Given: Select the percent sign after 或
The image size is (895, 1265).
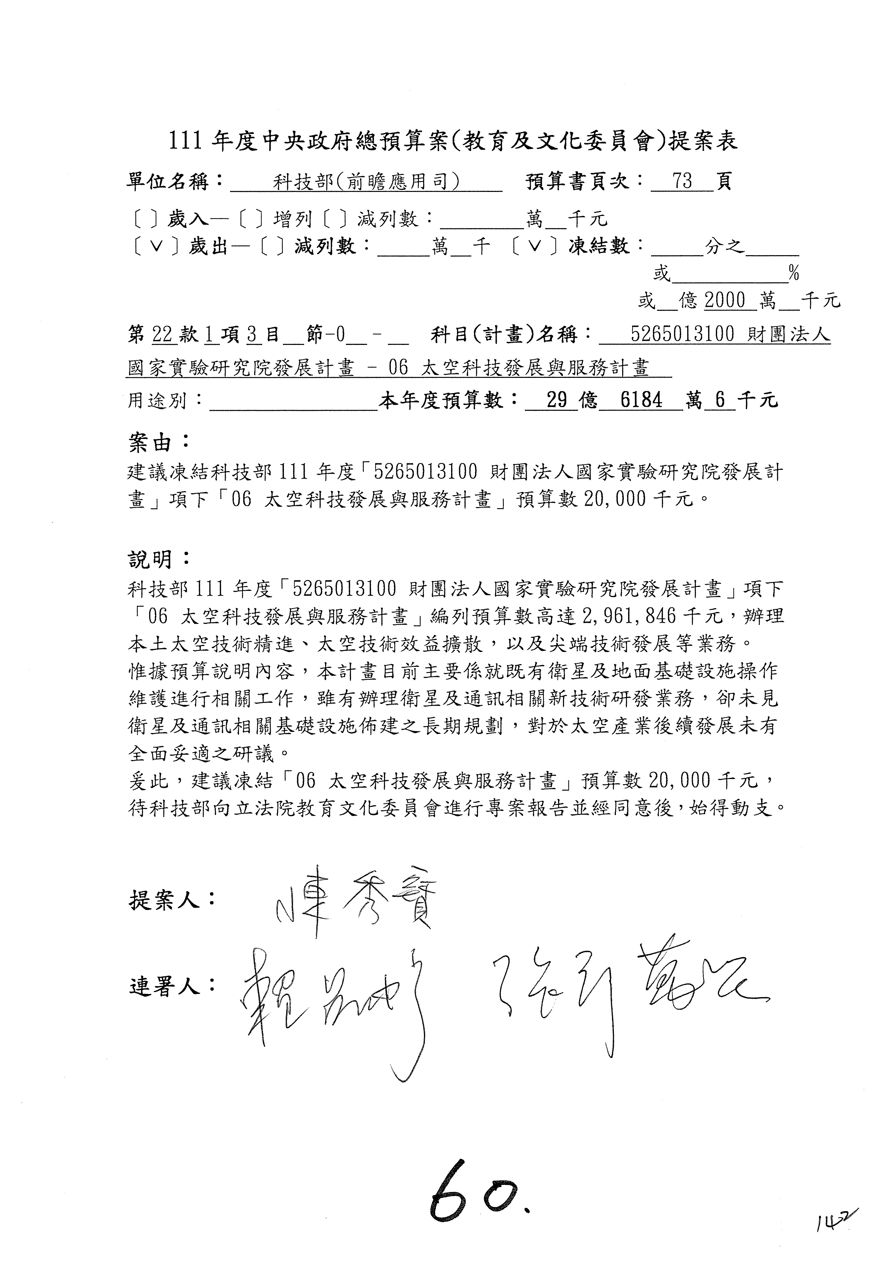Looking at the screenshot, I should coord(794,273).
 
